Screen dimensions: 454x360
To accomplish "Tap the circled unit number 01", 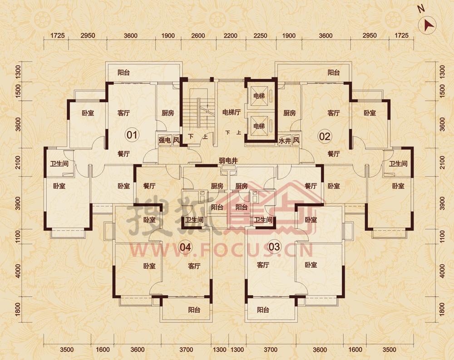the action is coord(132,135).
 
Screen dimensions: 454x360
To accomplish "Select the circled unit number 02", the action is coord(324,136).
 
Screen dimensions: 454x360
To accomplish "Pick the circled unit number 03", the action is coord(274,247).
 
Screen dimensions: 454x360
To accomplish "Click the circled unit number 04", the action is coord(185,247).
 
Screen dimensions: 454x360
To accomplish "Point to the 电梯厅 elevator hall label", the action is coord(232,112).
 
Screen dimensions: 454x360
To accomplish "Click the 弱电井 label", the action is coord(228,161).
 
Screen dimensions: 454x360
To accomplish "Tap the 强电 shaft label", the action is coord(164,141).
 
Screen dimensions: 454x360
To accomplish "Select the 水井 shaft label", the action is coord(285,141).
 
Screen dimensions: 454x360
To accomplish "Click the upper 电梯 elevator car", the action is coord(259,96).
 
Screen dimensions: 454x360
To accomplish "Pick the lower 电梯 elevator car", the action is coord(259,126).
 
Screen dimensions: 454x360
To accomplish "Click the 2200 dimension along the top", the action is coord(231,35).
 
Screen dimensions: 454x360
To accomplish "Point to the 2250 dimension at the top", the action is coord(260,35).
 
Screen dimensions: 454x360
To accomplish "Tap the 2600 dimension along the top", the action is coord(198,35).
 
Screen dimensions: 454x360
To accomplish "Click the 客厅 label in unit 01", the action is coord(123,113).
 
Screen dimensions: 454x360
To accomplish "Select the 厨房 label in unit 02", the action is coord(290,113).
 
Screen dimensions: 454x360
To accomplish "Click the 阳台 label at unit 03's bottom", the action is coord(263,310).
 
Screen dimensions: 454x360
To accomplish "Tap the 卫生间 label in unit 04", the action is coord(194,220).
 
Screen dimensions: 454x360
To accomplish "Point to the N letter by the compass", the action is coord(421,9).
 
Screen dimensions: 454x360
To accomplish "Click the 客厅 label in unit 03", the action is coord(263,265).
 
